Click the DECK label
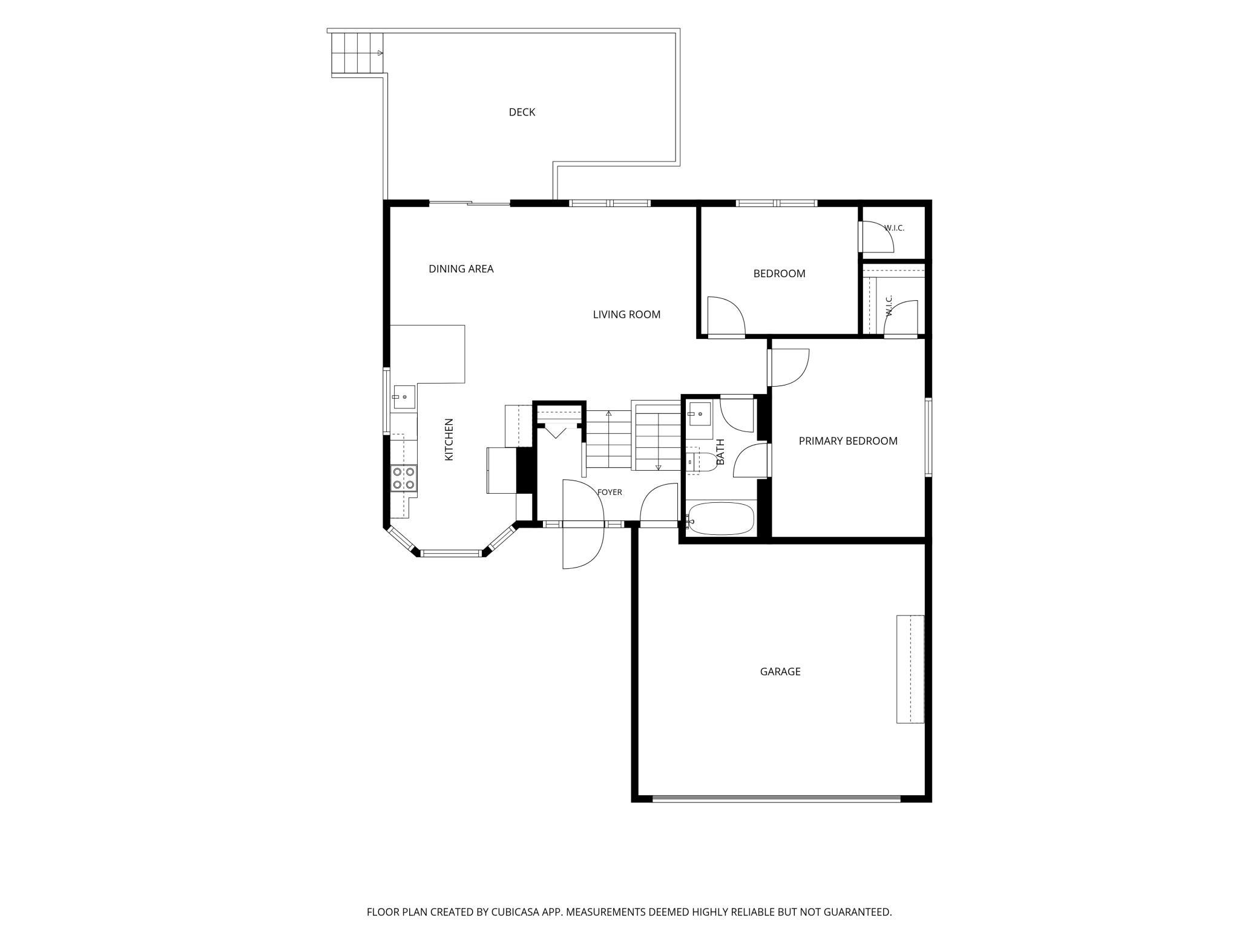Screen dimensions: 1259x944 (522, 112)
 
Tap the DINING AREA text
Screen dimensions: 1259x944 (461, 269)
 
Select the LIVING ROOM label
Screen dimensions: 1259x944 (626, 315)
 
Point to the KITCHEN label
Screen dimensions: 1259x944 (449, 439)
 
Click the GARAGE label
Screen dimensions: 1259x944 (780, 672)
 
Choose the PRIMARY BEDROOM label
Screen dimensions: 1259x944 (848, 441)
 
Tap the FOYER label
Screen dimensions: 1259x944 (610, 493)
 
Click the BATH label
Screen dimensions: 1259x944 (720, 452)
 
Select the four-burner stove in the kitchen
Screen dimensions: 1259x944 (403, 478)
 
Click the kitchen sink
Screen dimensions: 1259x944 (404, 397)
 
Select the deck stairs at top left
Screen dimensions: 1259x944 (358, 53)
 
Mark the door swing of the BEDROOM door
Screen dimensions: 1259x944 (726, 315)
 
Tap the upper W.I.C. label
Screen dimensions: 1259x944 (894, 228)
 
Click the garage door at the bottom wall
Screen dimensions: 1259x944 (777, 799)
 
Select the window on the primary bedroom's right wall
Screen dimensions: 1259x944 (928, 438)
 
